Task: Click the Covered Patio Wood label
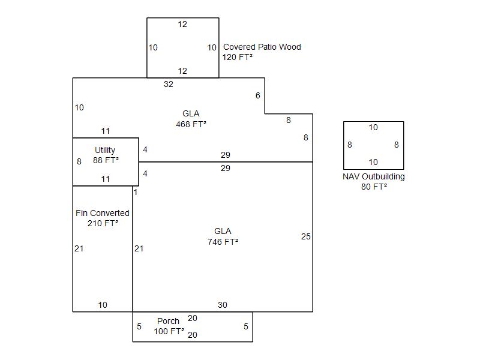point(262,47)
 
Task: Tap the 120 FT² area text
point(238,58)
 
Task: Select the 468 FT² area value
point(191,124)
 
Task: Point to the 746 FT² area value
point(223,242)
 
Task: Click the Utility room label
point(105,150)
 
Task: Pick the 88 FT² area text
point(106,160)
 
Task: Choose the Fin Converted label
point(103,213)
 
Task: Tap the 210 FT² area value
point(103,223)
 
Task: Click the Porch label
point(168,321)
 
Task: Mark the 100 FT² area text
point(169,331)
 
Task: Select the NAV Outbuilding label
point(374,176)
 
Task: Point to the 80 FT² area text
point(374,187)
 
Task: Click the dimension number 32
point(169,84)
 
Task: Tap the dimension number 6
point(258,95)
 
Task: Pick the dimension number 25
point(306,236)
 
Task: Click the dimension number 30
point(223,305)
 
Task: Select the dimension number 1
point(136,192)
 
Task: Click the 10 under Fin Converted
point(103,305)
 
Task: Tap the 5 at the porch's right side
point(245,326)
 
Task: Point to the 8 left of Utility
point(79,161)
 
